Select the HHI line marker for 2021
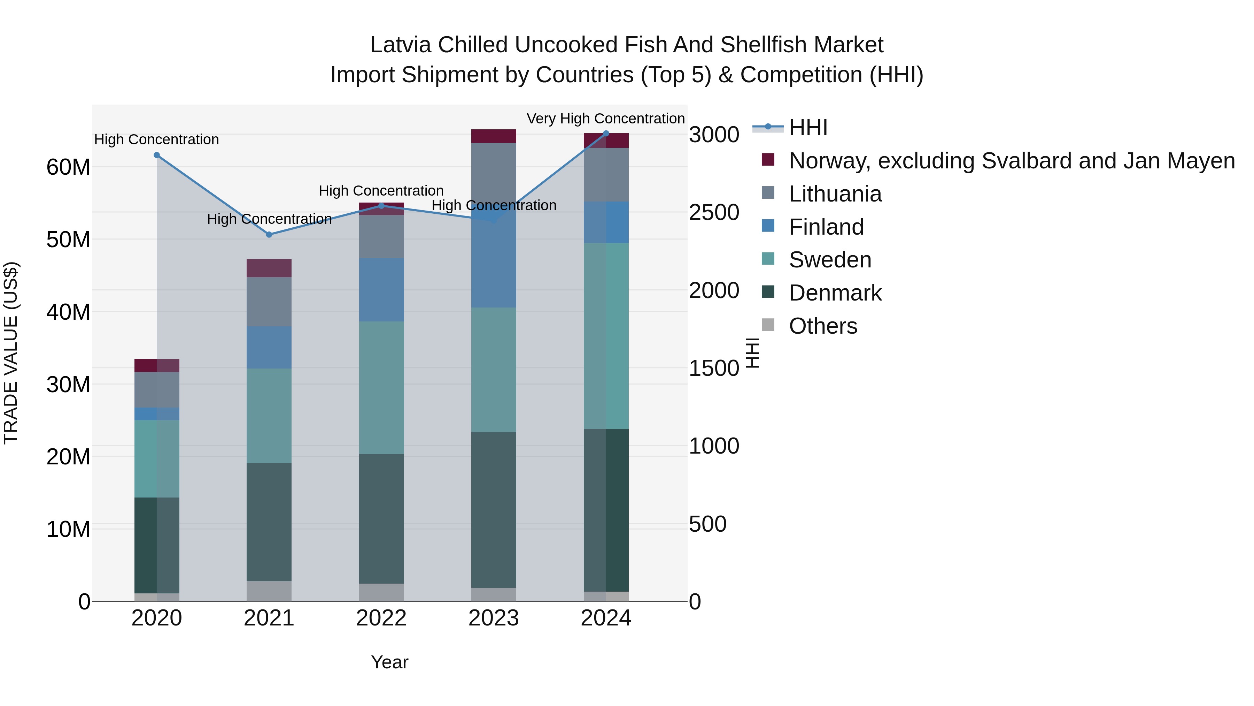click(269, 234)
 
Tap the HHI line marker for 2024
click(606, 134)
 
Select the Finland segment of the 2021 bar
click(269, 347)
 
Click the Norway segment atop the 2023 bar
click(494, 136)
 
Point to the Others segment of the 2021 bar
click(269, 591)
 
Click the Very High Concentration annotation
click(606, 119)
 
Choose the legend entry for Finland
click(826, 227)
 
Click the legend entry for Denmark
click(835, 293)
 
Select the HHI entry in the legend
click(808, 128)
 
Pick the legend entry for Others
click(823, 326)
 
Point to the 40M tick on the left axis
click(68, 312)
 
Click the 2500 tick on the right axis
click(714, 212)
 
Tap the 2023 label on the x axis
click(494, 618)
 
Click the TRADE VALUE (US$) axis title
click(11, 353)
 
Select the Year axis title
click(389, 662)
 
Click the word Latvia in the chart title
click(401, 45)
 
